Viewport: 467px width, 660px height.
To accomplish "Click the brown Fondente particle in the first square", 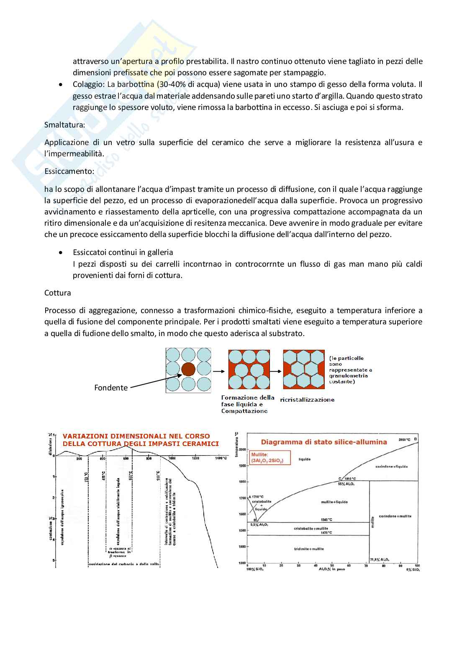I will click(188, 369).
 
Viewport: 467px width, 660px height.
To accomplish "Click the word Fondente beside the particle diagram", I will click(111, 387).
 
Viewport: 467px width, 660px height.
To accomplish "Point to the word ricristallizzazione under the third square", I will click(307, 400).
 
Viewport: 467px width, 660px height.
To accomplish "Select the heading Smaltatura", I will click(65, 125).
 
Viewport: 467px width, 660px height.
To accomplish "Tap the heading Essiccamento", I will click(69, 171).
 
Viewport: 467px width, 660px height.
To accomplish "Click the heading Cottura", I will click(58, 293).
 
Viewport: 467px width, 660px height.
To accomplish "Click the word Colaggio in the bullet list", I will click(88, 84).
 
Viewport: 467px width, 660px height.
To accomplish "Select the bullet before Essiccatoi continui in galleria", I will click(61, 252).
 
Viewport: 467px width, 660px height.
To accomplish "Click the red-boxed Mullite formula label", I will click(267, 458).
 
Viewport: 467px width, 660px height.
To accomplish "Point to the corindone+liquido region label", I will click(391, 466).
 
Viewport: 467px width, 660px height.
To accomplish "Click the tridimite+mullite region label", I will click(308, 549).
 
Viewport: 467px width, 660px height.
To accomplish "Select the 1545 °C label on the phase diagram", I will click(326, 520).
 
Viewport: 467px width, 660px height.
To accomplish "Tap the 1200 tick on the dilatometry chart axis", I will click(195, 459).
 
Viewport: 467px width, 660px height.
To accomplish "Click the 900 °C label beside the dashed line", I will click(158, 476).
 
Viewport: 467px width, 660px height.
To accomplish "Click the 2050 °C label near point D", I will click(404, 440).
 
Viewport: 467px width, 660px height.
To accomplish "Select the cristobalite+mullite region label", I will click(311, 528).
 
